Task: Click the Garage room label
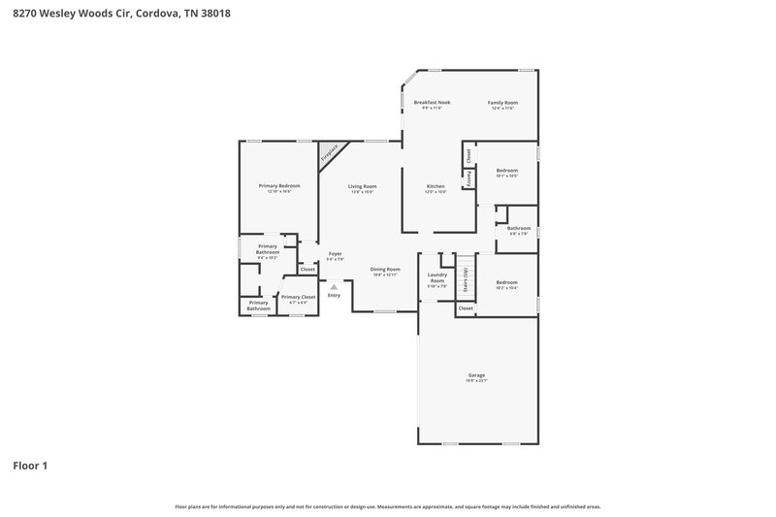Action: coord(476,374)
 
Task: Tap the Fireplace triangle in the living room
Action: coord(329,153)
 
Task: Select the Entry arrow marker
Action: coord(334,287)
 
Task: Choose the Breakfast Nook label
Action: coord(432,102)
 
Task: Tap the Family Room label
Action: coord(502,102)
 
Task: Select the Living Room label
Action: coord(363,185)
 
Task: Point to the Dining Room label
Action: coord(385,269)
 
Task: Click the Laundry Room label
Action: coord(437,277)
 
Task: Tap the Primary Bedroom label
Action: coord(279,185)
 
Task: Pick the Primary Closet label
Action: coord(299,297)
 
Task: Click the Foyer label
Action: coord(335,253)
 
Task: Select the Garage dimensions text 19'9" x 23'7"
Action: coord(476,380)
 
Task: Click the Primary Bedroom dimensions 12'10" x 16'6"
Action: coord(279,191)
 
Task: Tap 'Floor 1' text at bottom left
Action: coord(30,466)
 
